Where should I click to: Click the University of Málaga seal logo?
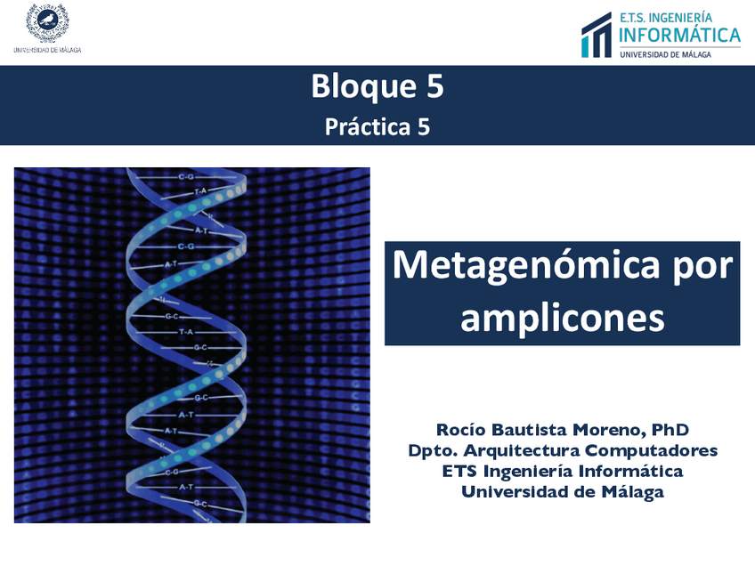click(47, 22)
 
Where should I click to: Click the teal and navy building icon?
click(597, 35)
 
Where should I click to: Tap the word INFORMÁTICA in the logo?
click(679, 35)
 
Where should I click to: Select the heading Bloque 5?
click(377, 86)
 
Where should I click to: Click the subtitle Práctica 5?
click(377, 127)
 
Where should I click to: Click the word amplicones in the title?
click(563, 318)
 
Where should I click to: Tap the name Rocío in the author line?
click(460, 429)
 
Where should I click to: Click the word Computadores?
click(652, 451)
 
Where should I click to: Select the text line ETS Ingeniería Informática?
click(563, 471)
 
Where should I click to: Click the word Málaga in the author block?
click(633, 492)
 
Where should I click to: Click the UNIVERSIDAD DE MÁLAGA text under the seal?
click(47, 50)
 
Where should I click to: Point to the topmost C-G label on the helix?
click(186, 177)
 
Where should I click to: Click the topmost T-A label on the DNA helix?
click(200, 191)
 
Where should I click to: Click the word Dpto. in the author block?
click(433, 451)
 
